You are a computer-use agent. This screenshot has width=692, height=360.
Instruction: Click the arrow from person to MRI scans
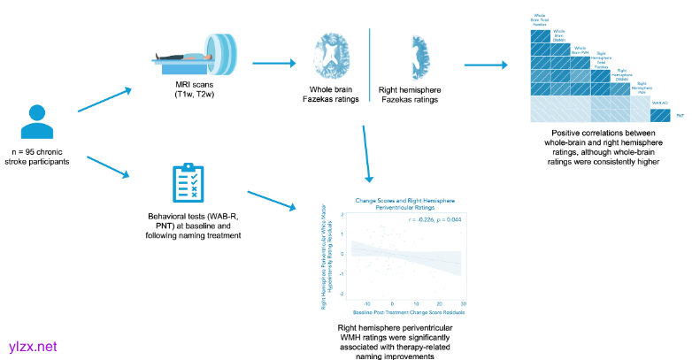[x=104, y=100]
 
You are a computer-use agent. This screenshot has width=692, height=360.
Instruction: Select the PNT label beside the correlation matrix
[x=680, y=116]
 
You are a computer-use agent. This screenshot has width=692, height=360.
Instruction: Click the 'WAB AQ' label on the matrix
[x=657, y=103]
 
